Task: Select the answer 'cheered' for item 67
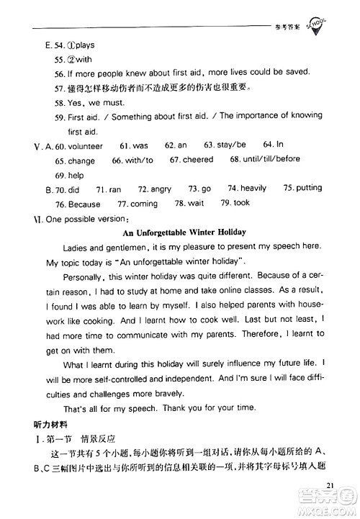199,160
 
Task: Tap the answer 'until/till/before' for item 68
274,159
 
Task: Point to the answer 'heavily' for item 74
253,189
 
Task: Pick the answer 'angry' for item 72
160,189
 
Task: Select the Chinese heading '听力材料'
45,424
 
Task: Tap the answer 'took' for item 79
241,203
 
